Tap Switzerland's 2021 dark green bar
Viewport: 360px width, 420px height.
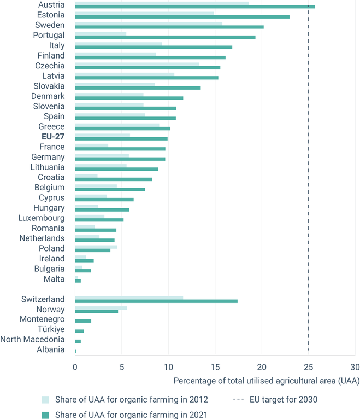click(x=156, y=301)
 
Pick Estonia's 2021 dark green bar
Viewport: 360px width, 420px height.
click(x=182, y=17)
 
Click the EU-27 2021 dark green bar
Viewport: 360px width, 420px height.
click(x=121, y=139)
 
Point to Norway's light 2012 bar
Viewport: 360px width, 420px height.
click(x=101, y=308)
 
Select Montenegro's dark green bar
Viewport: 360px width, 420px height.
click(x=83, y=321)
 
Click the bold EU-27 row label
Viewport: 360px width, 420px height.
click(x=52, y=137)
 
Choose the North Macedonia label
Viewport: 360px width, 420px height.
click(x=33, y=340)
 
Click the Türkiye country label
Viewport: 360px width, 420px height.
click(x=50, y=329)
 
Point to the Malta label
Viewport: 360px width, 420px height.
click(x=54, y=279)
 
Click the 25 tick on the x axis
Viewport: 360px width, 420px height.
click(x=308, y=367)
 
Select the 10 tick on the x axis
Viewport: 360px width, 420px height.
click(x=168, y=367)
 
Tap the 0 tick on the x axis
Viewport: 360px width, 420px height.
click(x=75, y=367)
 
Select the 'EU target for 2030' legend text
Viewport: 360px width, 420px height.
click(x=284, y=399)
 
